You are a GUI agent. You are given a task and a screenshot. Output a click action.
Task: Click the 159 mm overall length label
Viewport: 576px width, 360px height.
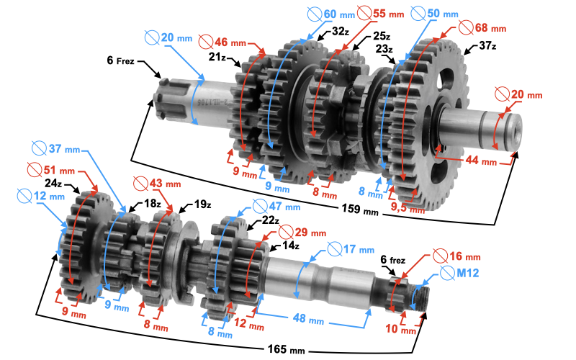359,210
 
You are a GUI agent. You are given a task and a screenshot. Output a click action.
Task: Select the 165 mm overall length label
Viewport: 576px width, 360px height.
286,349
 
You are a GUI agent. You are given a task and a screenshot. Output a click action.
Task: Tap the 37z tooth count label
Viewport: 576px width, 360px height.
487,46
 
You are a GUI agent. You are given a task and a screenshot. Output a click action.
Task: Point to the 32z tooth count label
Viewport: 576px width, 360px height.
340,32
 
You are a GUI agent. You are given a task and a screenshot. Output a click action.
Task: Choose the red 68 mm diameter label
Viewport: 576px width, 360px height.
482,27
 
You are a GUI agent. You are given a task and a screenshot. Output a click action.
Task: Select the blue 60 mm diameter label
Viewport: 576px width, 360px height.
331,14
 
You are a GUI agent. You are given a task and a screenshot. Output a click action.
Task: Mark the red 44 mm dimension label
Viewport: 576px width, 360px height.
481,161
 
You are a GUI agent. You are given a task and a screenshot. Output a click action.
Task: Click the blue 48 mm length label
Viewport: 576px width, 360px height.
308,318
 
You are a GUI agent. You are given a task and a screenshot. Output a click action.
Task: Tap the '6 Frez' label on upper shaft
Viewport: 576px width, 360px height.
120,60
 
